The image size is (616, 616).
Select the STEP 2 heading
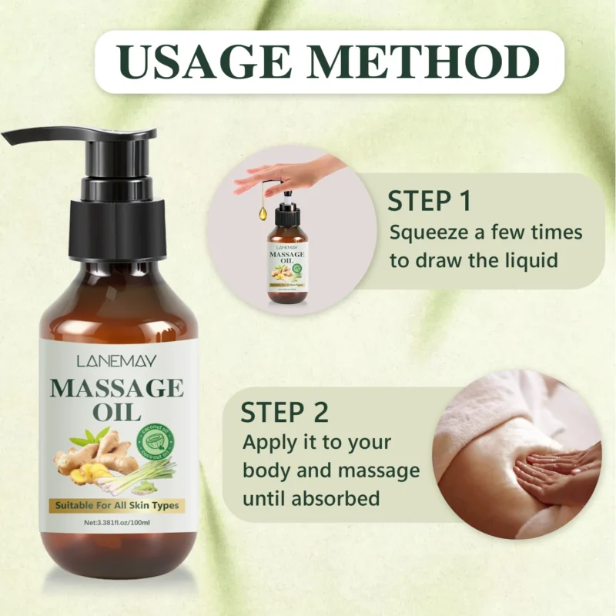284,412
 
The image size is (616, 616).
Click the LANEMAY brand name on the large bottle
117,360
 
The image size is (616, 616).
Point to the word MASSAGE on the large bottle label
117,387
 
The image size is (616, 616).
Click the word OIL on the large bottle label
117,411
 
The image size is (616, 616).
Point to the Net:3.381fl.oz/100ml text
117,524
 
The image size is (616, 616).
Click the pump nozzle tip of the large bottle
11,138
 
